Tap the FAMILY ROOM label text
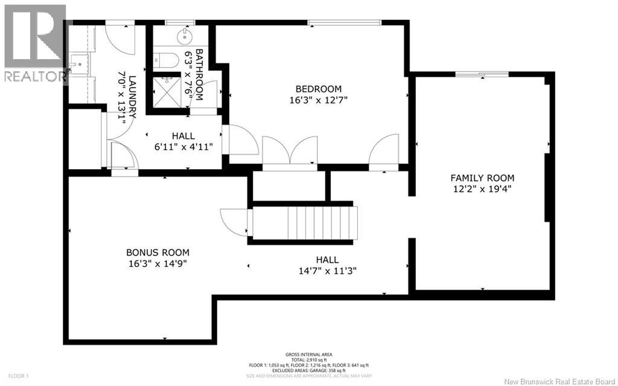(482, 178)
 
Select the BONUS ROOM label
(158, 253)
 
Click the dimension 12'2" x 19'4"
(482, 188)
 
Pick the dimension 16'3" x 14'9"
(158, 263)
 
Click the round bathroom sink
(183, 37)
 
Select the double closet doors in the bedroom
(290, 151)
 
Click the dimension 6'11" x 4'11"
(183, 147)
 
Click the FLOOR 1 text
(15, 376)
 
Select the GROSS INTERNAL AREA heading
(309, 355)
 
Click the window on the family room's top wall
(481, 74)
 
